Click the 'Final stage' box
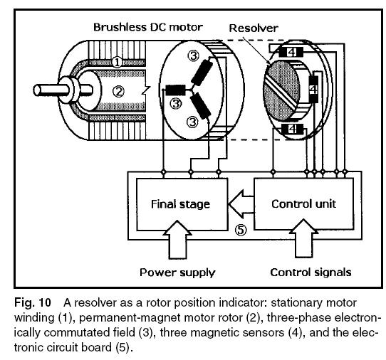(180, 204)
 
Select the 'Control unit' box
(303, 204)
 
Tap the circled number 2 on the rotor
(119, 90)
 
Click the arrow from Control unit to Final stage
(241, 205)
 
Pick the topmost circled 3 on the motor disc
(193, 55)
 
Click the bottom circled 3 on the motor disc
(192, 122)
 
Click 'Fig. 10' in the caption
(26, 296)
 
